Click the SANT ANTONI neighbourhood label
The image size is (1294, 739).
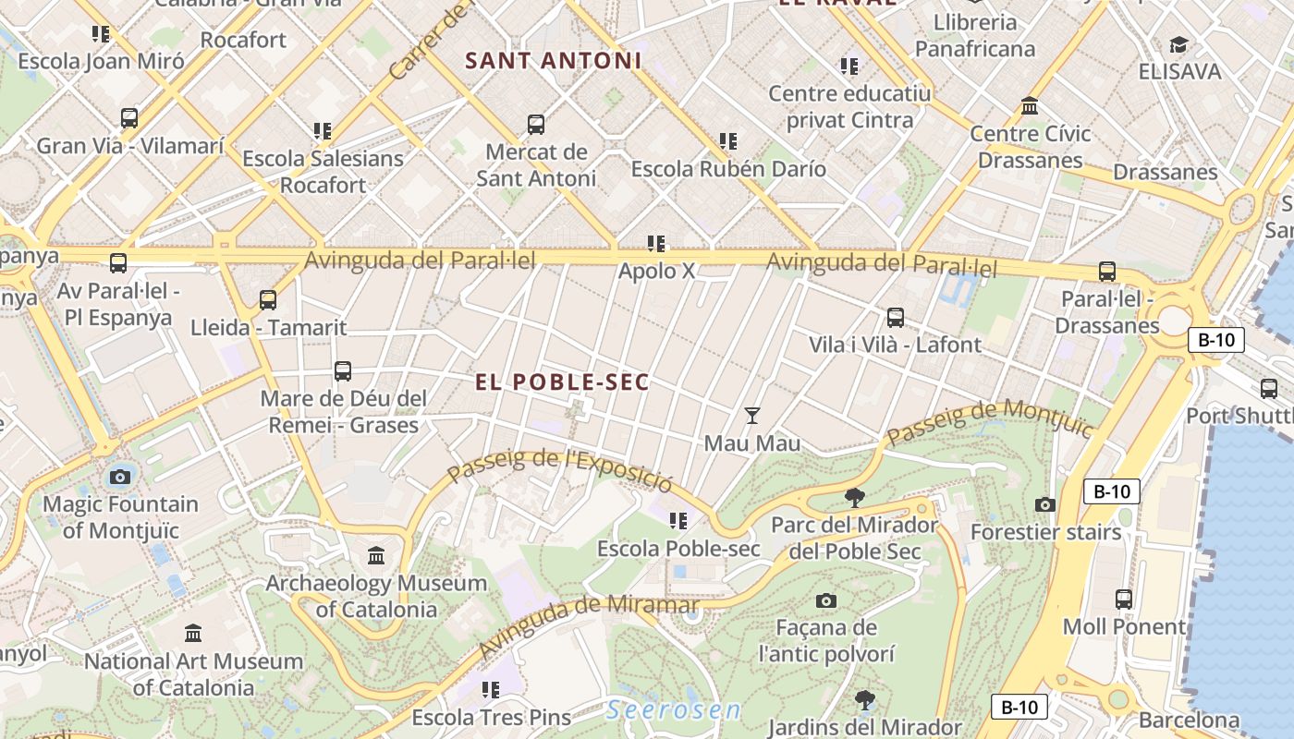click(553, 61)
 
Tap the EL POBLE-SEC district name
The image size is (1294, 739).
click(562, 382)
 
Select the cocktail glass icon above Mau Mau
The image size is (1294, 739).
click(752, 416)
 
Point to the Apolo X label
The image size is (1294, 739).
click(656, 272)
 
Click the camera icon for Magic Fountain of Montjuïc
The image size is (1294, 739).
click(119, 477)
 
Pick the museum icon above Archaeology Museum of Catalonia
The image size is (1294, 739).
click(376, 555)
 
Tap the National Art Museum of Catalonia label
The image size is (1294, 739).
click(193, 674)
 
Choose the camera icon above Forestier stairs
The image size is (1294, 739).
click(1045, 504)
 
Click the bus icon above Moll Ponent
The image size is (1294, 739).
click(1124, 600)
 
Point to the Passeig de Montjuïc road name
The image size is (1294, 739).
click(989, 421)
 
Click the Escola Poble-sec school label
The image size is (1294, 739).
click(678, 549)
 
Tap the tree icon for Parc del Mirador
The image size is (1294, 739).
click(855, 498)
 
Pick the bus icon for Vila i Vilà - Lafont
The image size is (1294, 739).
click(895, 318)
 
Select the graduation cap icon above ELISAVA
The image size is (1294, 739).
click(1178, 44)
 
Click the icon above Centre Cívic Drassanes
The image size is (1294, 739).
click(1030, 106)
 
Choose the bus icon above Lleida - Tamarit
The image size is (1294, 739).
click(268, 299)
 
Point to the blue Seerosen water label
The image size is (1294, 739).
click(674, 710)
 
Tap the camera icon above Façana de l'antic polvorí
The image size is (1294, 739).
click(826, 600)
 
